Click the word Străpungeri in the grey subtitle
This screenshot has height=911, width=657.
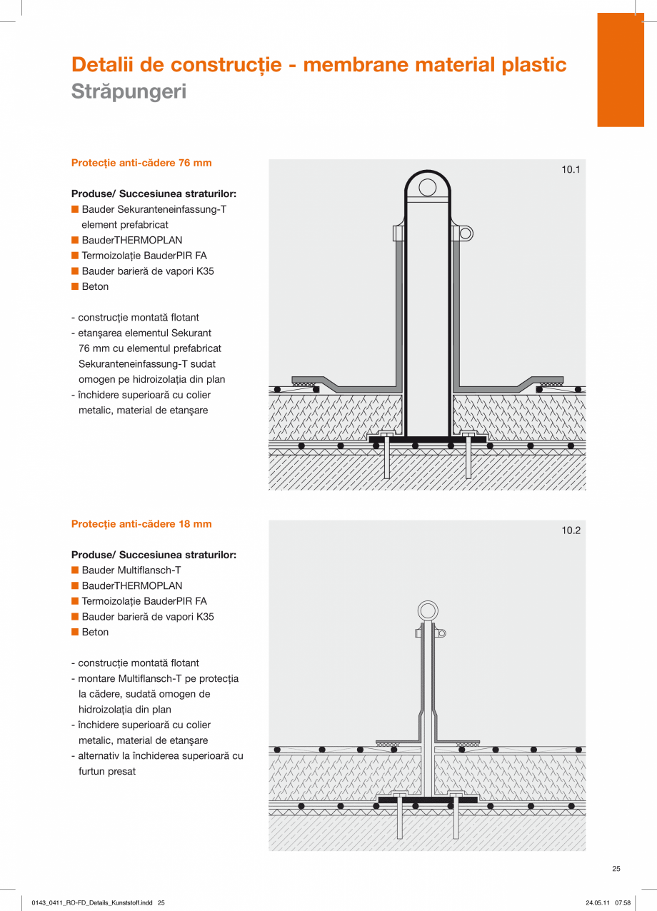[x=129, y=92]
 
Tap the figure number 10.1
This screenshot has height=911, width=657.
[x=571, y=170]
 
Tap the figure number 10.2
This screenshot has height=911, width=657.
[x=571, y=530]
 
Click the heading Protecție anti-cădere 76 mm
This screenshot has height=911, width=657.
[x=141, y=163]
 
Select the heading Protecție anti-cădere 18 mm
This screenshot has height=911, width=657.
[x=141, y=524]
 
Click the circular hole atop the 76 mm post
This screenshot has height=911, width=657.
[x=427, y=188]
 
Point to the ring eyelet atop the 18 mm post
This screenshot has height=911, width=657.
[x=428, y=611]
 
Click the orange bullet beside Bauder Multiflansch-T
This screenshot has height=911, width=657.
[x=74, y=570]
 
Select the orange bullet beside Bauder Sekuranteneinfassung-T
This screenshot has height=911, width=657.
[x=74, y=210]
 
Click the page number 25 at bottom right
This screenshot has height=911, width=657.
[x=616, y=869]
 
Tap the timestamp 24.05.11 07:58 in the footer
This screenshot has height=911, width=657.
[x=608, y=902]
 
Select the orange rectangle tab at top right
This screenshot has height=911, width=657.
[x=620, y=70]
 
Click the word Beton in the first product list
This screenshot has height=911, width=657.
[x=95, y=286]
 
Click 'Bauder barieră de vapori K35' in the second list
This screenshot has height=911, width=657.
[x=148, y=617]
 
